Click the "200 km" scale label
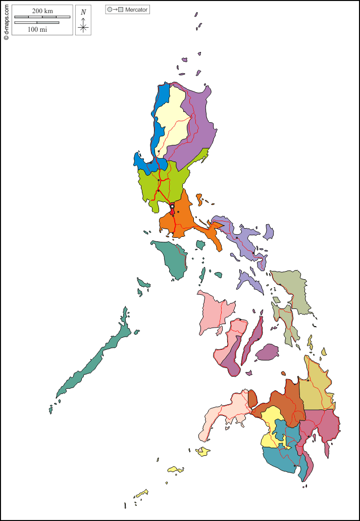[x=42, y=11]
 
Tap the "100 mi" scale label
[x=37, y=29]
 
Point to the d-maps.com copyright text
[x=6, y=21]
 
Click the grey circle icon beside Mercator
[x=110, y=10]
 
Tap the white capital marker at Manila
[x=172, y=206]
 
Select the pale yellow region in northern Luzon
[x=172, y=121]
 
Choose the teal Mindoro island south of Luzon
[x=172, y=257]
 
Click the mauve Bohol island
[x=267, y=352]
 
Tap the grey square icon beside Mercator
[x=121, y=10]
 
